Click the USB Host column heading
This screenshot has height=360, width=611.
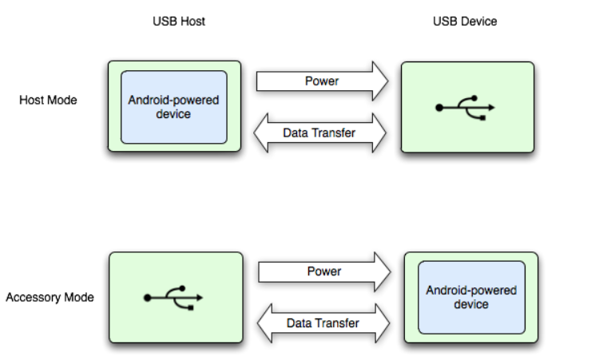179,22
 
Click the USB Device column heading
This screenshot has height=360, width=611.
465,22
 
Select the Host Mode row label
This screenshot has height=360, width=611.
48,101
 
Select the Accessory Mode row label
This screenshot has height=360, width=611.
50,298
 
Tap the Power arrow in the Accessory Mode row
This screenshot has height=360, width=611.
324,272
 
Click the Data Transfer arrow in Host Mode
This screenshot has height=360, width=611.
319,133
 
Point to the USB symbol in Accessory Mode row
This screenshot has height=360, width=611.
173,297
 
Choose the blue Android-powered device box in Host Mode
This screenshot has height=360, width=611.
173,107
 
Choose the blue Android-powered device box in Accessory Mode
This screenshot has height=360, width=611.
471,298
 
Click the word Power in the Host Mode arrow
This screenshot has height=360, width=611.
322,81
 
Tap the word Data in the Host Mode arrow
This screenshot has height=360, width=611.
296,133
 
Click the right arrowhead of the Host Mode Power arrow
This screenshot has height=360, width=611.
379,81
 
